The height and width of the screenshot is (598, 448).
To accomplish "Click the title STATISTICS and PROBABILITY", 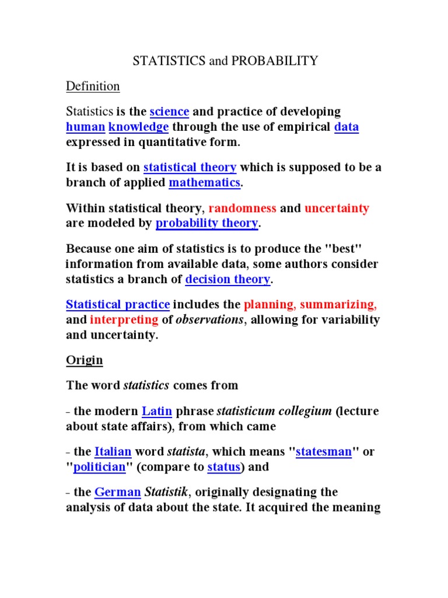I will (225, 61).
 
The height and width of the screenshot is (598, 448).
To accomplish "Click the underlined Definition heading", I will (93, 86).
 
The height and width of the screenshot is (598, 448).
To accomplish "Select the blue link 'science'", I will (169, 112).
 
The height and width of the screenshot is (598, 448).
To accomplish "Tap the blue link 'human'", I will (85, 127).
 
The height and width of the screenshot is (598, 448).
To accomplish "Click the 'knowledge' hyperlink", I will (139, 127).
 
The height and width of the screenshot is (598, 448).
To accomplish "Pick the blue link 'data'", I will (346, 127).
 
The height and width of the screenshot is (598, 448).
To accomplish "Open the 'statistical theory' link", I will (190, 168).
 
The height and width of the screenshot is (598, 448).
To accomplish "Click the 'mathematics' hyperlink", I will (204, 183).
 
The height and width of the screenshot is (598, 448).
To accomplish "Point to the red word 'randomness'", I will (243, 208).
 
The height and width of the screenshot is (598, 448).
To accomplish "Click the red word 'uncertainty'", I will (337, 208).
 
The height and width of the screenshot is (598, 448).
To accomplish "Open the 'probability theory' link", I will (206, 223).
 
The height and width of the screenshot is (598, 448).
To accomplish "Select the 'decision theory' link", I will (228, 279).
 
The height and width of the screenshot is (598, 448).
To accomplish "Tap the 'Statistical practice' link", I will (118, 304).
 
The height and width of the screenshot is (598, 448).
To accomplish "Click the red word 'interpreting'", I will (124, 319).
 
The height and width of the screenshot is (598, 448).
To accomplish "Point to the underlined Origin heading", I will (84, 360).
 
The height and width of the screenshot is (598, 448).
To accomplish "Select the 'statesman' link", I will (324, 451).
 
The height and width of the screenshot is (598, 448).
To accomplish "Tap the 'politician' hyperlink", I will (99, 467).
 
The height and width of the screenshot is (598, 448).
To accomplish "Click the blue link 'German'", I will (117, 492).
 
